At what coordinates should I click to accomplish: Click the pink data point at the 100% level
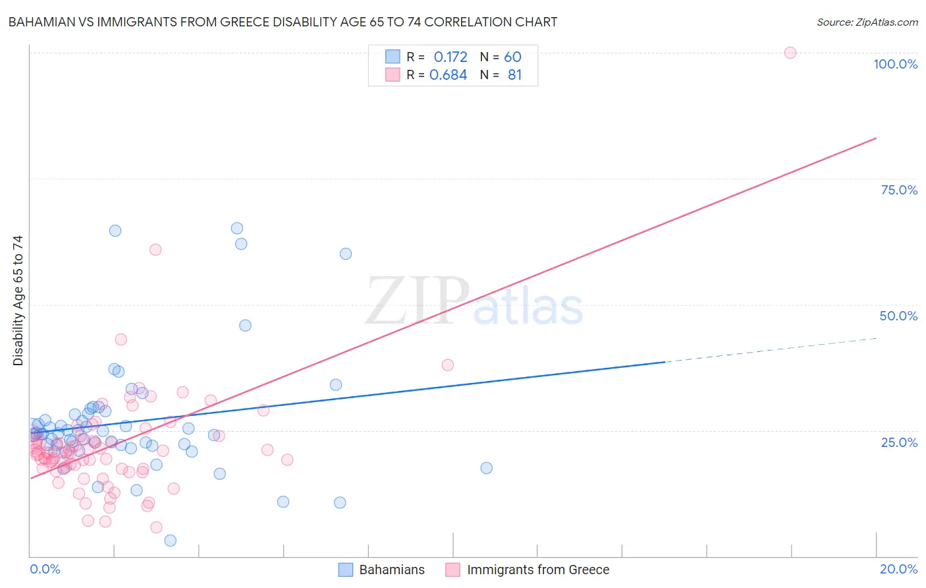[790, 53]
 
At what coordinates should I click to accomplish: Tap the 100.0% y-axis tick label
[895, 64]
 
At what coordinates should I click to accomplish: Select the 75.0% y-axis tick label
[899, 190]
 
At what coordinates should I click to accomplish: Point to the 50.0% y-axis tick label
[898, 316]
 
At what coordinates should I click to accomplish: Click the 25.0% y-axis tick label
[899, 442]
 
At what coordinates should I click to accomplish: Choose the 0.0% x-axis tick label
[45, 569]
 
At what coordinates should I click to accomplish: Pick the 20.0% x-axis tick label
[898, 569]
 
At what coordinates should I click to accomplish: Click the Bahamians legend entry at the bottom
[382, 570]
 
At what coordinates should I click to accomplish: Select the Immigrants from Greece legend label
[537, 570]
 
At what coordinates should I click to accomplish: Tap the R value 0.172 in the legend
[450, 57]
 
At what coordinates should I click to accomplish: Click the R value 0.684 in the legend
[448, 74]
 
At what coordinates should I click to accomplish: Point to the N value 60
[512, 57]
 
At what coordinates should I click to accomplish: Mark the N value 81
[514, 74]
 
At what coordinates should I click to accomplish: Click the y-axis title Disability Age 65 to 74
[18, 300]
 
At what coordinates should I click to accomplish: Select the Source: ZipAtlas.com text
[867, 22]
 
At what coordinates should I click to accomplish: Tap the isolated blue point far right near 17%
[486, 468]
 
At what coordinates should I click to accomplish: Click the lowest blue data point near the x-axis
[170, 541]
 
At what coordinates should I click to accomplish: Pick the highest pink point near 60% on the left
[155, 249]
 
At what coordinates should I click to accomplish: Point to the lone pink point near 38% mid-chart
[448, 365]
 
